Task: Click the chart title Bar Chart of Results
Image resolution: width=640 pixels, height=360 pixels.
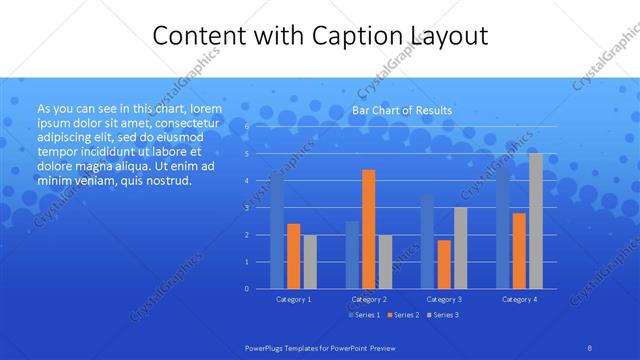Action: click(401, 110)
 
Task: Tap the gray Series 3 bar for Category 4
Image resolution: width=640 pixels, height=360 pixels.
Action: click(536, 221)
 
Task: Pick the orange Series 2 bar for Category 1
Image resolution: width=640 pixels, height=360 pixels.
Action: click(293, 256)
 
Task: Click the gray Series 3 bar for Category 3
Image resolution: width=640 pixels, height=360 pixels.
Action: click(460, 248)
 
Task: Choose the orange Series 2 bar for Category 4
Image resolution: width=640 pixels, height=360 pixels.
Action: click(519, 250)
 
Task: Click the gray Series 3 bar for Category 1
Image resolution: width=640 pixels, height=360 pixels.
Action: click(310, 261)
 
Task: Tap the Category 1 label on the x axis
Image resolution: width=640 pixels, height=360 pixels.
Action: click(293, 299)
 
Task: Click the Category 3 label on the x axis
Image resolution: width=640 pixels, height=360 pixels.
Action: click(444, 299)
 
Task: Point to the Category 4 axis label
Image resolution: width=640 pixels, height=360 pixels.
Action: click(519, 299)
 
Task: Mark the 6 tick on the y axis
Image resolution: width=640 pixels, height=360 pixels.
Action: click(247, 127)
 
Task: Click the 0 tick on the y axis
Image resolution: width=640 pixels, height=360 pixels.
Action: click(247, 288)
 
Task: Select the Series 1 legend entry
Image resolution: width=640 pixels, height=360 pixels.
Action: click(364, 315)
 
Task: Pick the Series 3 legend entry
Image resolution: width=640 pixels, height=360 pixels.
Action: click(443, 315)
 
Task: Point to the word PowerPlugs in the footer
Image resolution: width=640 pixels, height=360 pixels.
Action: click(266, 346)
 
